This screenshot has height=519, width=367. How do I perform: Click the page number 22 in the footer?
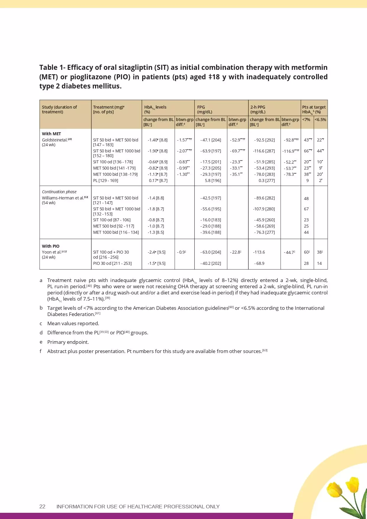pos(42,507)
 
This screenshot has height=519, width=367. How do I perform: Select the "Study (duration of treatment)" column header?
pos(59,109)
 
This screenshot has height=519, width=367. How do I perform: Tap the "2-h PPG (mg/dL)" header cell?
pos(258,109)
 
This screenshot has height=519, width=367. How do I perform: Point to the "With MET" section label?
pos(51,134)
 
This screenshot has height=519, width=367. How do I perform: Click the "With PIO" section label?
pos(51,246)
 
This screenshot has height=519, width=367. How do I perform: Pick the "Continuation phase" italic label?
pos(59,192)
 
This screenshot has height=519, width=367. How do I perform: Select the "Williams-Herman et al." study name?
pos(63,198)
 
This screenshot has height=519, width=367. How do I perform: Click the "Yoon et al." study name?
pos(52,252)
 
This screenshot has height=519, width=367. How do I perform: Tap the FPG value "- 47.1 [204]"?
pos(211,140)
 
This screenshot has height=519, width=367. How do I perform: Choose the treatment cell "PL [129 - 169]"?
pos(106,180)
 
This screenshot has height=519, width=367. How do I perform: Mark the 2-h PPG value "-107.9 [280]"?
pos(264,209)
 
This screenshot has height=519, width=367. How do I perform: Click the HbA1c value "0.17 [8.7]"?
pos(158,180)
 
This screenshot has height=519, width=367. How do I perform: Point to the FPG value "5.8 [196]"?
pos(213,180)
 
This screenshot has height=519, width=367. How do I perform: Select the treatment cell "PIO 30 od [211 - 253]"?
pos(112,263)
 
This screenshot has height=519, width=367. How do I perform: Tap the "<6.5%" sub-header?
pos(320,120)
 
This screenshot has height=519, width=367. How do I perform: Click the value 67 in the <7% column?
pos(306,209)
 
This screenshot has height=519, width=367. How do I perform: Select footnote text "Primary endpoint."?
pos(68,342)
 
